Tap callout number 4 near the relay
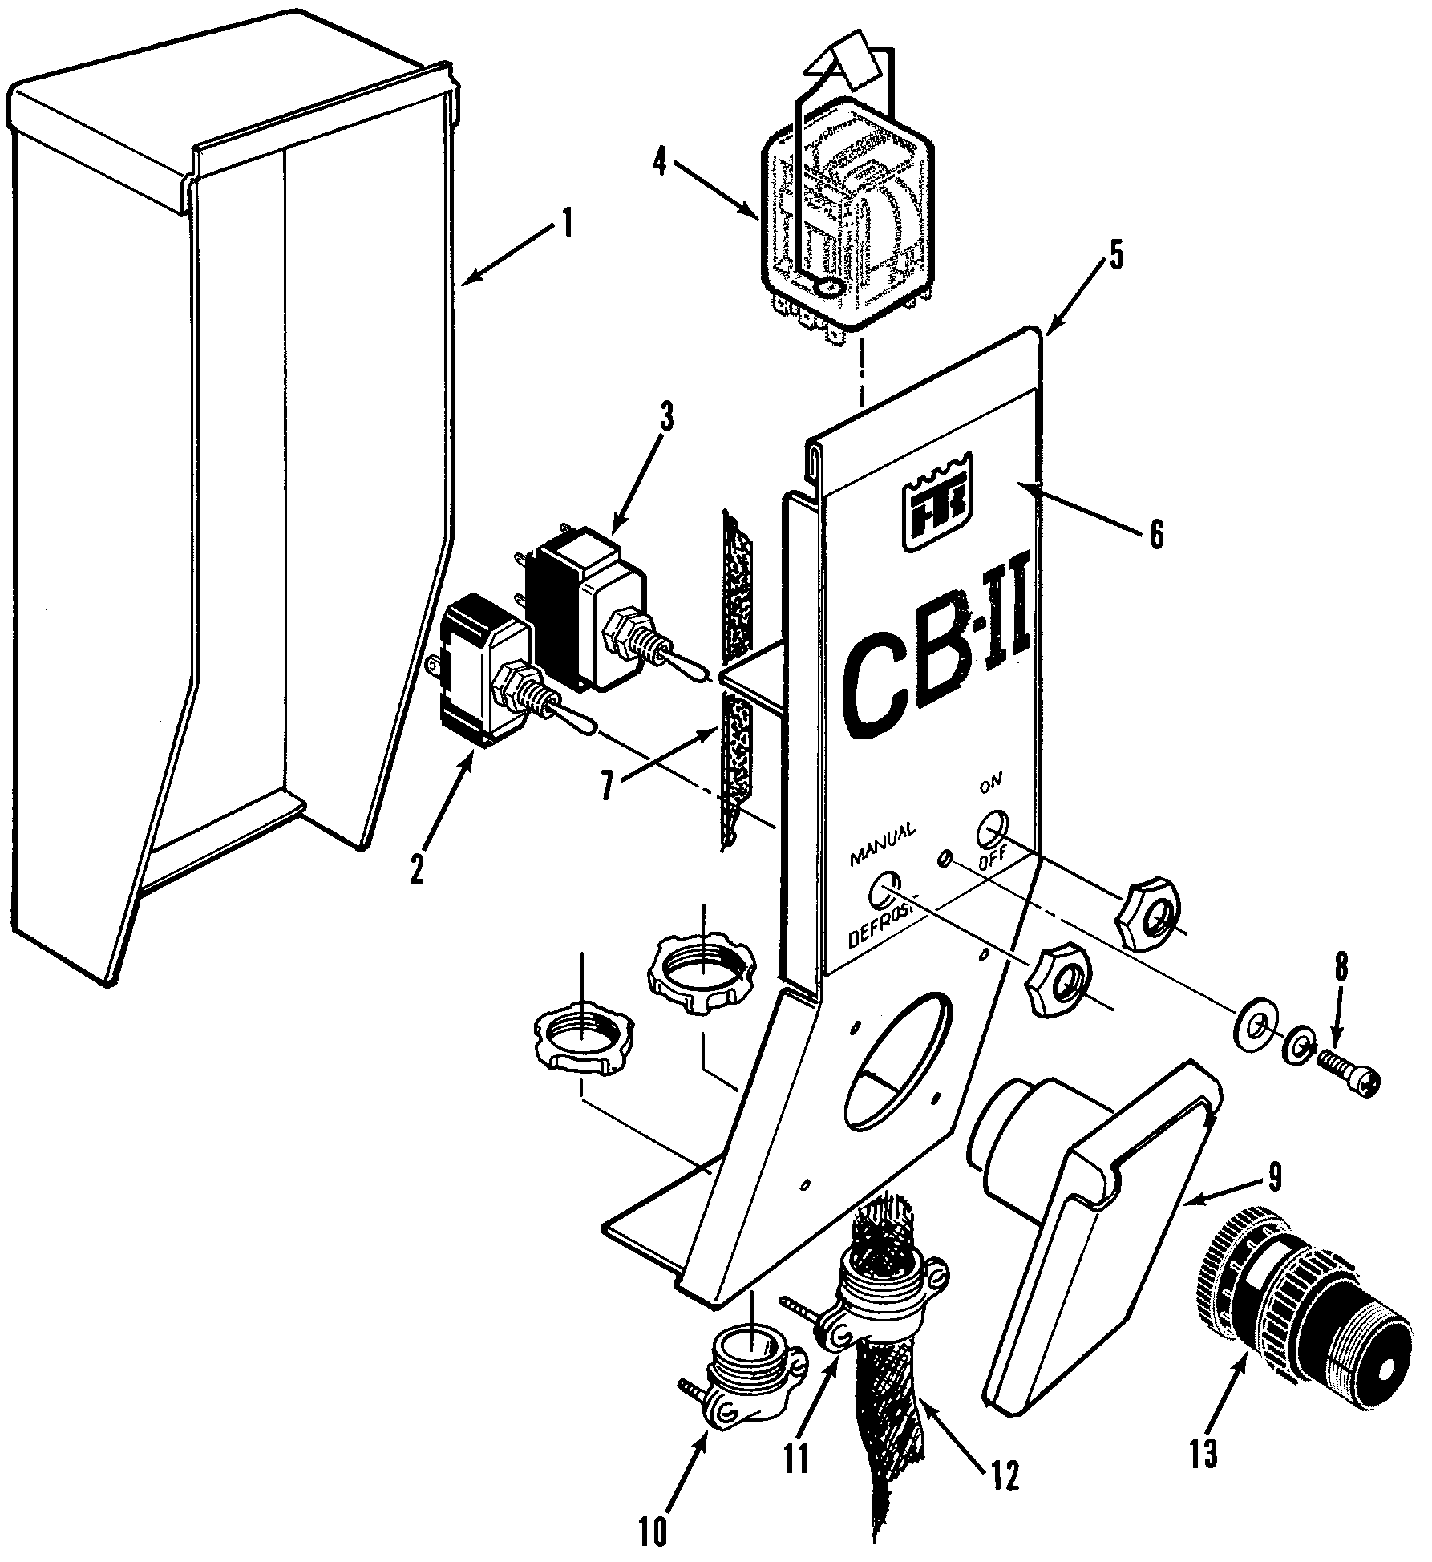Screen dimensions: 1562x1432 click(659, 163)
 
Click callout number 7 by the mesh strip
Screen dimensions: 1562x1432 click(609, 787)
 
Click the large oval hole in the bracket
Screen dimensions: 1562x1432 click(899, 1058)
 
